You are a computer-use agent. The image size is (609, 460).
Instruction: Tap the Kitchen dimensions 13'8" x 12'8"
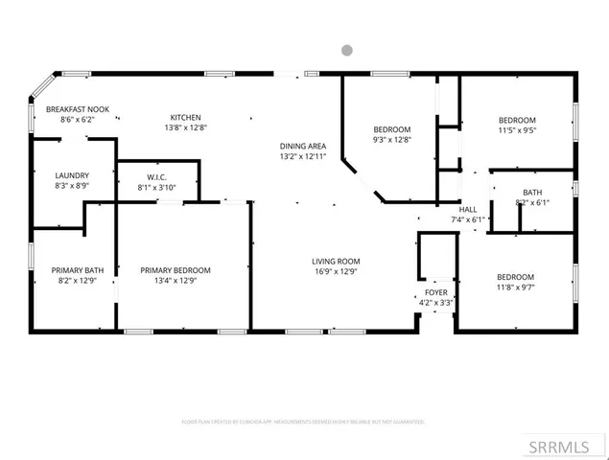(x=185, y=127)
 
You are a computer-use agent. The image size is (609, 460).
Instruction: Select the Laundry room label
(x=72, y=175)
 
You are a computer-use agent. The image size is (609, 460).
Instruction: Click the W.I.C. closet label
(x=158, y=176)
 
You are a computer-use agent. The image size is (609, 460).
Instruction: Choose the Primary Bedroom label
(x=176, y=270)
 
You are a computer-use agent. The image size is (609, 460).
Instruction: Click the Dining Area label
(x=302, y=144)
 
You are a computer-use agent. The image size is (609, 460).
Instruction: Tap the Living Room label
(x=335, y=261)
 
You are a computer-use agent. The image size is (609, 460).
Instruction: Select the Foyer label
(x=436, y=291)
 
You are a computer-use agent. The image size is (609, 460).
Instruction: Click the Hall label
(x=468, y=208)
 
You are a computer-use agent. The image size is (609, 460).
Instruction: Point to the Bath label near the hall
(x=531, y=192)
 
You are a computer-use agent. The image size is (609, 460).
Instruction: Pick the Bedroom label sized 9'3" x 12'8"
(x=391, y=129)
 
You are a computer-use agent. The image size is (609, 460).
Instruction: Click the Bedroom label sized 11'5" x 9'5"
(x=517, y=119)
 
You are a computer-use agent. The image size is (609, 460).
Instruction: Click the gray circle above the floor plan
(x=347, y=50)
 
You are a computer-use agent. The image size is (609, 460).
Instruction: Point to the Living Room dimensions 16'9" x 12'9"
(x=335, y=272)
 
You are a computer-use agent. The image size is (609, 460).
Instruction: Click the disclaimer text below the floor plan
(x=303, y=422)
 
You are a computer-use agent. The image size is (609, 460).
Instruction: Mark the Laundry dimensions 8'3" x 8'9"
(x=72, y=187)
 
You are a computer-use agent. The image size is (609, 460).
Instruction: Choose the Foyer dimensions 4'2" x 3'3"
(x=436, y=303)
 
